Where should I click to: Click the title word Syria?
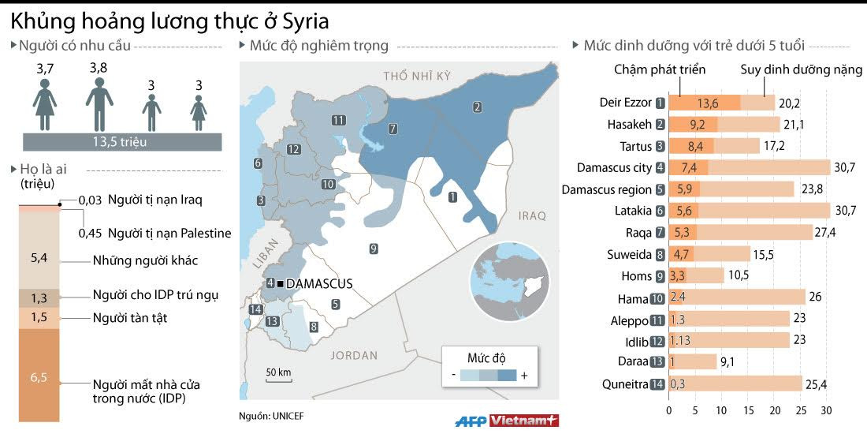(x=300, y=21)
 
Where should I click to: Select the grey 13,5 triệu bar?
(x=121, y=142)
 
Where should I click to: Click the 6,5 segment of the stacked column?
(x=39, y=376)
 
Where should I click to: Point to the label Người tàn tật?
(x=130, y=317)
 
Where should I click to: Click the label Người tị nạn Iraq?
(x=154, y=200)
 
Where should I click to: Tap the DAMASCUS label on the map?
(x=318, y=283)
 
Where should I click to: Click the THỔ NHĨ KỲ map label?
(x=416, y=76)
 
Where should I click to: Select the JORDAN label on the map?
(x=354, y=355)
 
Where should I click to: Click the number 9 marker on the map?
(x=373, y=249)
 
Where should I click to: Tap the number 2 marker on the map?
(x=477, y=107)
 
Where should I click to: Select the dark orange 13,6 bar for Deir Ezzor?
(x=704, y=103)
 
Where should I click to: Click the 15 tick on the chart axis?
(x=747, y=411)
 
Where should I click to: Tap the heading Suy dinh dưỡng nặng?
(x=801, y=69)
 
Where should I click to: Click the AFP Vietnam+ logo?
(x=507, y=421)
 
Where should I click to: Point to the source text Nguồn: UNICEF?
(x=270, y=416)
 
